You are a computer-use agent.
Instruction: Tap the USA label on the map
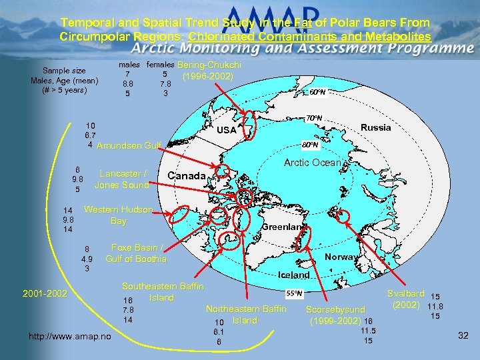pos(227,130)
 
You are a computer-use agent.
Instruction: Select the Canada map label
pos(187,175)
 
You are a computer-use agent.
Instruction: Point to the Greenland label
pos(283,227)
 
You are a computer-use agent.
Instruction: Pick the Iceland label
pos(294,275)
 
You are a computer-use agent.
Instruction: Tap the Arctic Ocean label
pos(313,163)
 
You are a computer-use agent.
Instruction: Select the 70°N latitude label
pos(313,118)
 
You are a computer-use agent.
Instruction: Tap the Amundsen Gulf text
pos(129,145)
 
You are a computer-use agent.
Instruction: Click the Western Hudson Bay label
pos(118,215)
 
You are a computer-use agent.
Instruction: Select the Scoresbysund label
pos(335,309)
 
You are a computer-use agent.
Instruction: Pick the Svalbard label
pos(405,293)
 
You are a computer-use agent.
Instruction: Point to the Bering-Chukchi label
pos(209,65)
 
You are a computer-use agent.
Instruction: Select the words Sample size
pos(64,71)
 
